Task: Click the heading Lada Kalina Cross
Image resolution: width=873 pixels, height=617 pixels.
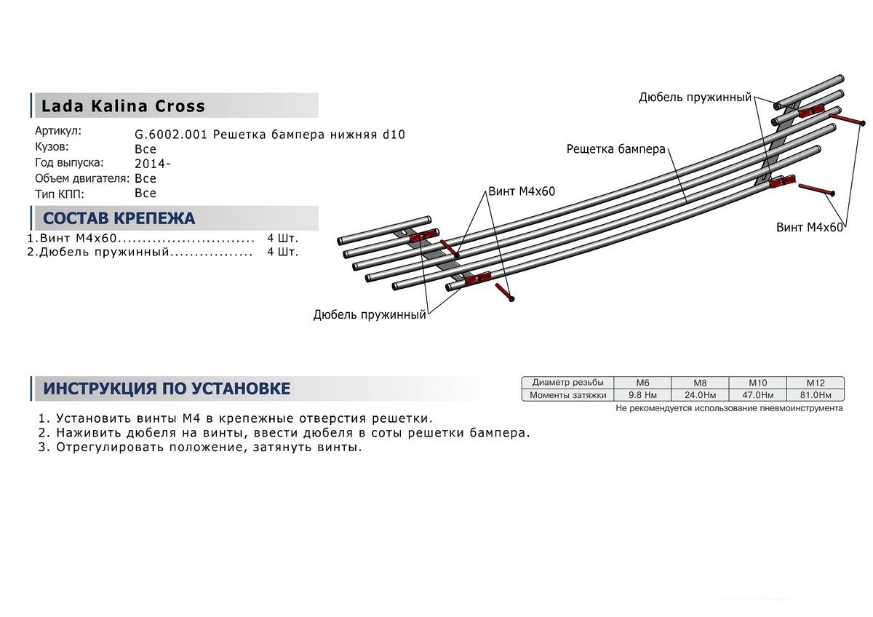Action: tap(123, 106)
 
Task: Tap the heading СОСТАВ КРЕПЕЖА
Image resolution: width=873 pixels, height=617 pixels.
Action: tap(119, 218)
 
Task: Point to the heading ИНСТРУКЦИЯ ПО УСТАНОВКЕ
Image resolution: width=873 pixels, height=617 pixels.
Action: tap(167, 389)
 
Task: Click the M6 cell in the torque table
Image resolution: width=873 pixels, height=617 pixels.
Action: tap(642, 383)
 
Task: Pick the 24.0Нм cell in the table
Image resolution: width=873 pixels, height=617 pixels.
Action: tap(699, 395)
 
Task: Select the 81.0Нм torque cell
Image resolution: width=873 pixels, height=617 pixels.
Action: tap(815, 395)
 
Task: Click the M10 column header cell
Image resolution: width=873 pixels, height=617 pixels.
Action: tap(757, 383)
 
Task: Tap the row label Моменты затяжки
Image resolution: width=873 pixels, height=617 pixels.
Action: tap(568, 395)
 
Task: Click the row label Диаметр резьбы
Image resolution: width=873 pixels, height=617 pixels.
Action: tap(568, 383)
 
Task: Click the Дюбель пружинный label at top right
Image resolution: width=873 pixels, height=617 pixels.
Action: tap(695, 97)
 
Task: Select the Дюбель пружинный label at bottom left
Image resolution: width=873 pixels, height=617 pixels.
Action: tap(370, 315)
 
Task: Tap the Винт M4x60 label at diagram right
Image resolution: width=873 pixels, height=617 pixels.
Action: tap(809, 228)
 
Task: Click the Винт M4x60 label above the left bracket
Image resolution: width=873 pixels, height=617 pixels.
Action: tap(521, 192)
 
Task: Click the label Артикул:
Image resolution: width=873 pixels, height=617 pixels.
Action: tap(58, 132)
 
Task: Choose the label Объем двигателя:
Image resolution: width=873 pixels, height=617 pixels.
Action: tap(82, 178)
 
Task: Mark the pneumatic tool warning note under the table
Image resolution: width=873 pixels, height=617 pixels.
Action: tap(729, 409)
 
